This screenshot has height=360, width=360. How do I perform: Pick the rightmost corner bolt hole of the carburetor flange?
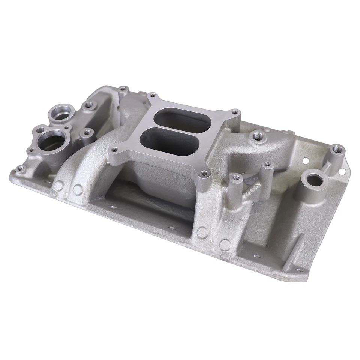(x=235, y=112)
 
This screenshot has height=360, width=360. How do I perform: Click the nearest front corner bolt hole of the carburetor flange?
(x=204, y=173)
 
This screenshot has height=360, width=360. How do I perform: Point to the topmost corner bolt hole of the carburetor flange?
(x=151, y=95)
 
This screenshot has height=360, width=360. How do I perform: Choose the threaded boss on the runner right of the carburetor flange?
(x=257, y=135)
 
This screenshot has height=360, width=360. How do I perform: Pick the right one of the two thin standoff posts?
(x=267, y=165)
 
